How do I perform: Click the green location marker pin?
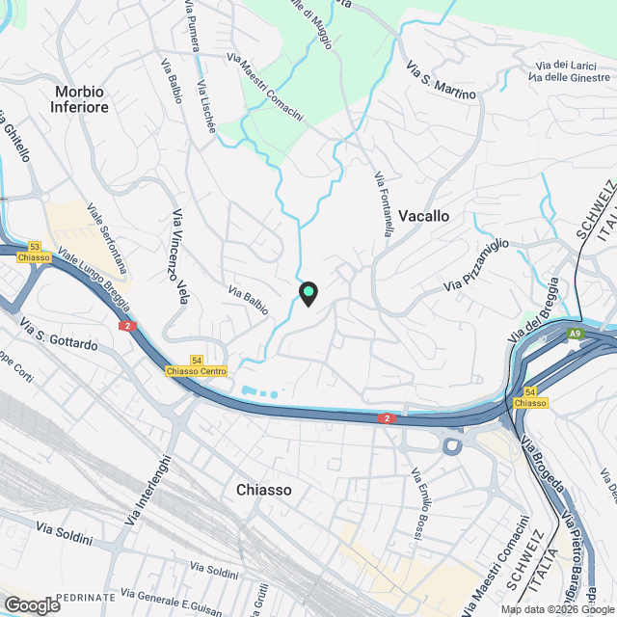(x=308, y=291)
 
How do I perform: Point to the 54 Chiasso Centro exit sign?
(x=196, y=364)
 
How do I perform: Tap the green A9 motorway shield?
(x=575, y=334)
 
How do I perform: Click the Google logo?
(x=33, y=604)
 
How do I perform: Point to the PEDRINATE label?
(x=86, y=598)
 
